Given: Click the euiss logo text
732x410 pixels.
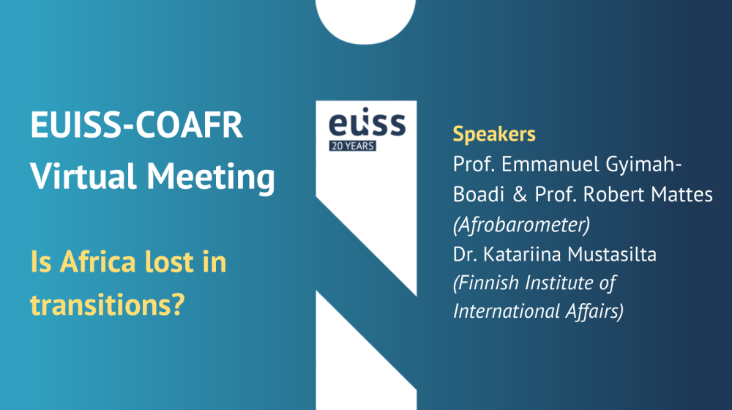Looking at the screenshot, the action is pyautogui.click(x=367, y=122).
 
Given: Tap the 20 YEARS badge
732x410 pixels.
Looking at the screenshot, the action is pyautogui.click(x=353, y=146).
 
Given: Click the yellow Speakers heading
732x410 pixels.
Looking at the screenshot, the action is pyautogui.click(x=494, y=135).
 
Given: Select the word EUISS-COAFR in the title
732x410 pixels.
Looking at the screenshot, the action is pyautogui.click(x=136, y=125).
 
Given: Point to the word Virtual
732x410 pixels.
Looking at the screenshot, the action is pyautogui.click(x=83, y=176).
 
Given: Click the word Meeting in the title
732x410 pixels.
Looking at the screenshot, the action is pyautogui.click(x=211, y=177).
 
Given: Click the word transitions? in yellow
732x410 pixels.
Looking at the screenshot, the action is pyautogui.click(x=108, y=305).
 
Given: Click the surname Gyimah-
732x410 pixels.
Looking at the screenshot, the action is pyautogui.click(x=643, y=165).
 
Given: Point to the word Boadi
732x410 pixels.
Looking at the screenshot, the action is pyautogui.click(x=479, y=194).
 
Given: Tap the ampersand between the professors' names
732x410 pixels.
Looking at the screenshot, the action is pyautogui.click(x=520, y=195).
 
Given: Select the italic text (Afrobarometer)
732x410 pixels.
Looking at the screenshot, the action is pyautogui.click(x=521, y=225).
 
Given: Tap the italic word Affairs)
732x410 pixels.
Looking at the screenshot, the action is pyautogui.click(x=594, y=311).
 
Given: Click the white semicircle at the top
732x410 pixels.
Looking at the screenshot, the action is pyautogui.click(x=365, y=21).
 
